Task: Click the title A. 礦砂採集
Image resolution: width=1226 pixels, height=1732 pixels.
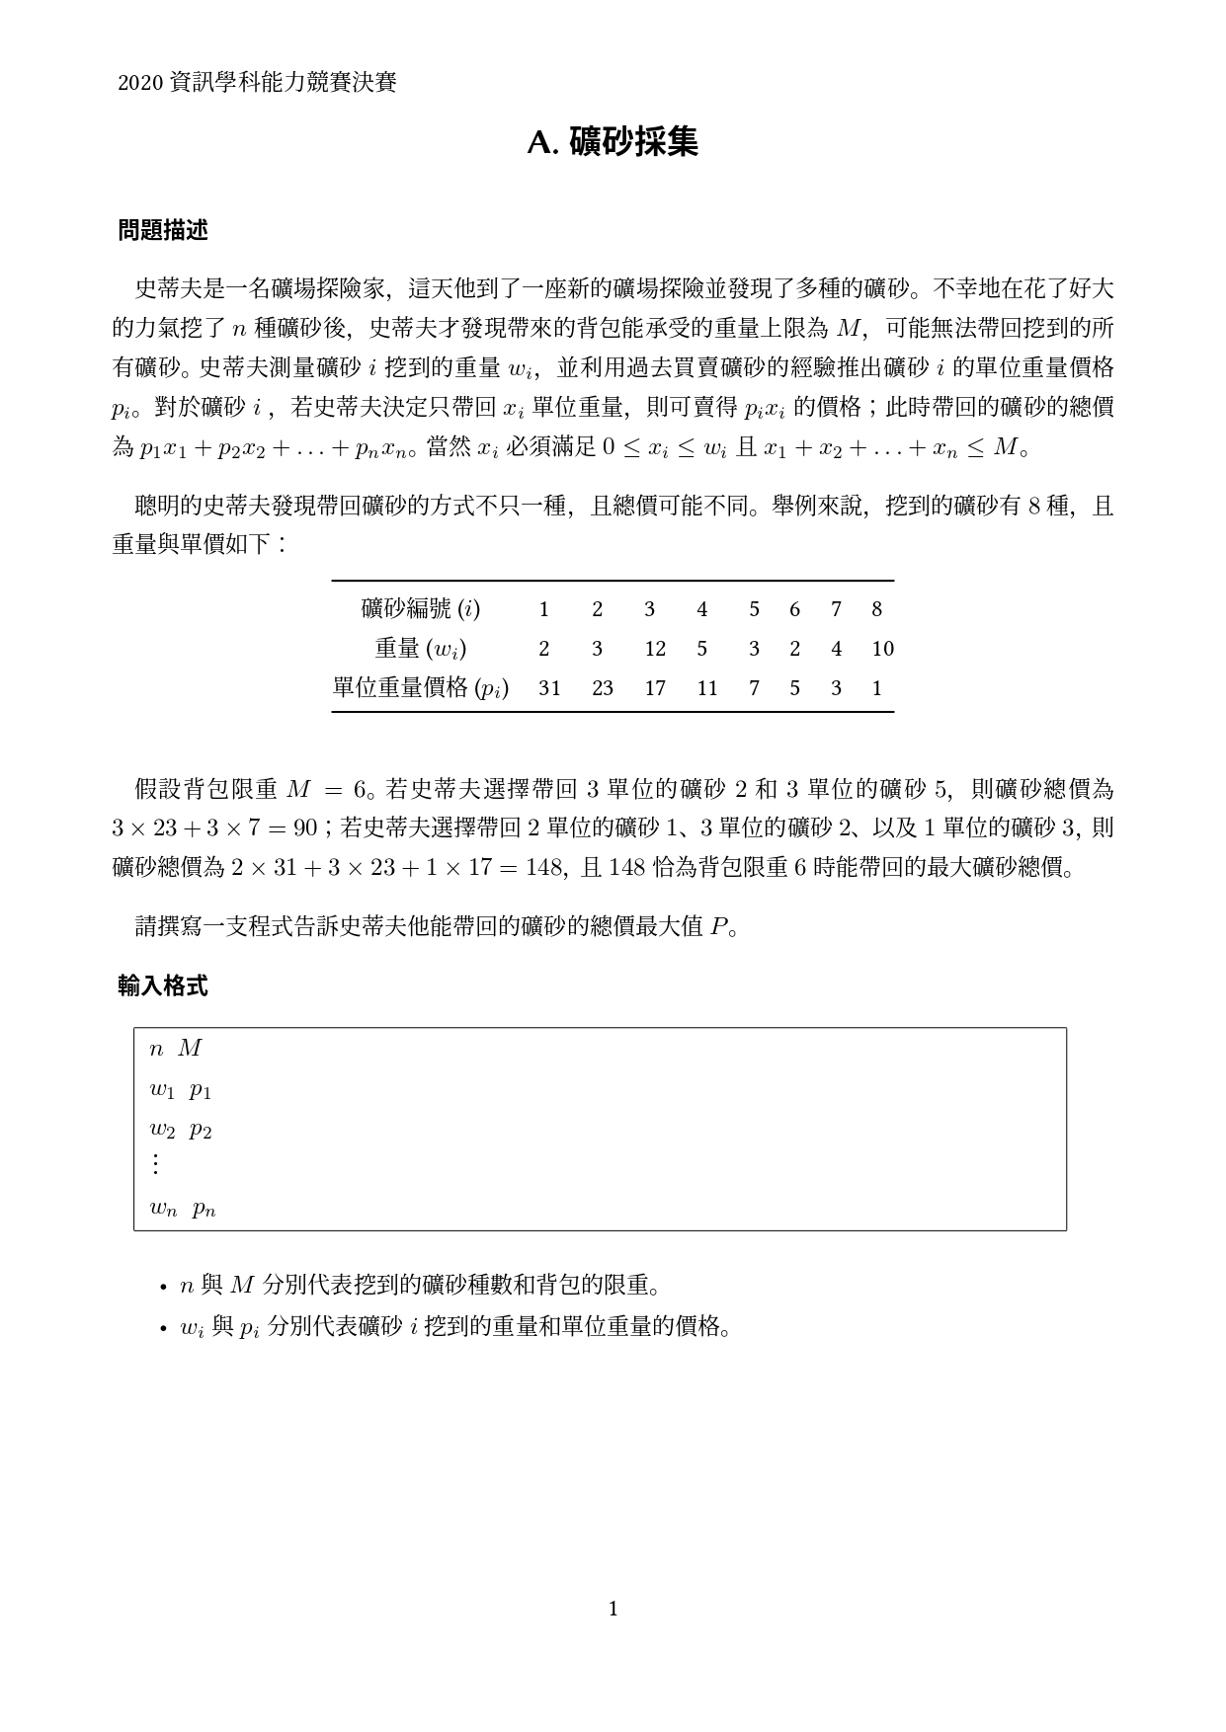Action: [613, 143]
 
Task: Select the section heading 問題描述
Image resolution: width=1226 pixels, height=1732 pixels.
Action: [162, 231]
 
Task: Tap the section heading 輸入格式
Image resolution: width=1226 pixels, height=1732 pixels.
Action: [162, 985]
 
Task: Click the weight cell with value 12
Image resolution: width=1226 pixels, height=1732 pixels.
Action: [655, 649]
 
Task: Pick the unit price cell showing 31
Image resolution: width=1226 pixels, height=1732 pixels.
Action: [549, 688]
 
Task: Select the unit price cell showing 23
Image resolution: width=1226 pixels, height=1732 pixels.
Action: [603, 688]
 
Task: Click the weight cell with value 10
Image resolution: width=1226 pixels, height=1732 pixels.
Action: [882, 649]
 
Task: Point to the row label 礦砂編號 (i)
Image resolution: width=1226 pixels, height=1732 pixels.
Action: [421, 609]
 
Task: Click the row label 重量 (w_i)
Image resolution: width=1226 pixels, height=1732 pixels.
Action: [421, 649]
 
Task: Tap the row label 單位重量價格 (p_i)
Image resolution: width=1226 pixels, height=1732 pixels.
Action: [421, 688]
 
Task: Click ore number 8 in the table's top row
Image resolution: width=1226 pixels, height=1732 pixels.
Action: [876, 609]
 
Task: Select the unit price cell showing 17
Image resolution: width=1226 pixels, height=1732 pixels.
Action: [655, 688]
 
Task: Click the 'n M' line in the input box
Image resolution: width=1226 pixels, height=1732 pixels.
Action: [176, 1049]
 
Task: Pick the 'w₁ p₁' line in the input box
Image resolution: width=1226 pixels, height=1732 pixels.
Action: [181, 1090]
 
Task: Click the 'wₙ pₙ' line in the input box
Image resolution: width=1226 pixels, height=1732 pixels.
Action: [183, 1208]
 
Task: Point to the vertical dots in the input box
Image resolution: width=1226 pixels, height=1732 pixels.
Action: [155, 1165]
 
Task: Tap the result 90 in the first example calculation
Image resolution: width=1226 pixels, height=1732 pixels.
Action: [305, 827]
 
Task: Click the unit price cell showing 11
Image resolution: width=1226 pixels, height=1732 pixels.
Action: [706, 688]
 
